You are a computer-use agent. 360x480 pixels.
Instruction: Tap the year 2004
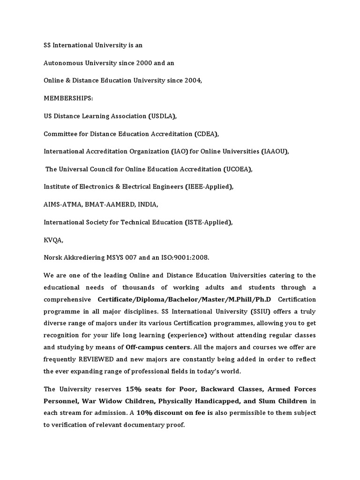tap(192, 80)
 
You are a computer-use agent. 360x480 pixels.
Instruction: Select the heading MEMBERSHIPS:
tap(68, 98)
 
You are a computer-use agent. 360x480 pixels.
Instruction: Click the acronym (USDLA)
tap(163, 116)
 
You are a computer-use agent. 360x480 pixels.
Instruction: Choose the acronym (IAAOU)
tap(274, 151)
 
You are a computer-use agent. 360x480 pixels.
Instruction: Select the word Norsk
tap(54, 258)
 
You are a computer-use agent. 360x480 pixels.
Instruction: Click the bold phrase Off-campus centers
tap(158, 347)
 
